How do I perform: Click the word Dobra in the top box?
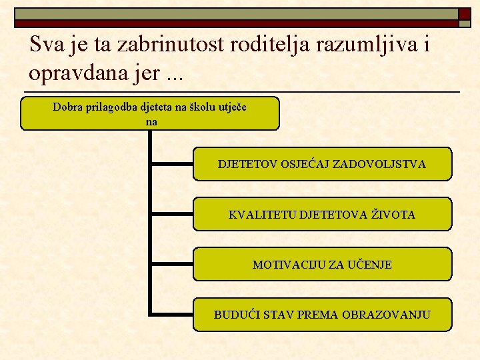coord(67,107)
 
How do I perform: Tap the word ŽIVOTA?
coord(393,215)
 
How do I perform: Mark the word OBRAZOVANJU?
coord(386,315)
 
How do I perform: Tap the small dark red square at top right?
coord(464,13)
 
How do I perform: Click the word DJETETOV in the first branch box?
coord(243,164)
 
